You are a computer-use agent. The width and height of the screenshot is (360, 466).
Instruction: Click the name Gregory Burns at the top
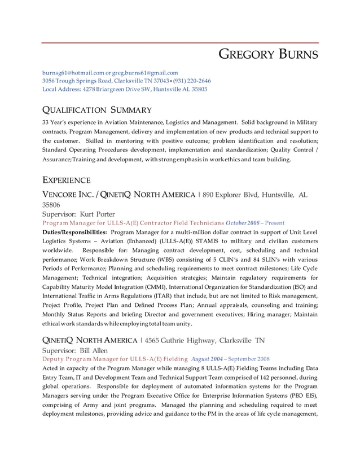point(268,55)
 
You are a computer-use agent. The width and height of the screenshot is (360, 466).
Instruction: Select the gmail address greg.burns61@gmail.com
point(145,73)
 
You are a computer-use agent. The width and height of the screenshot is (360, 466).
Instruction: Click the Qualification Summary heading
point(97,110)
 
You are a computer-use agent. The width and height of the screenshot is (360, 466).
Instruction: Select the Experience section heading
point(67,181)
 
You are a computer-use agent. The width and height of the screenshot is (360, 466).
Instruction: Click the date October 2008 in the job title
point(244,223)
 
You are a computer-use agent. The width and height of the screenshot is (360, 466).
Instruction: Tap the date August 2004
point(207,359)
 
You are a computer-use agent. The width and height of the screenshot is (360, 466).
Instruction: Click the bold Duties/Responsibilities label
point(74,232)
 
